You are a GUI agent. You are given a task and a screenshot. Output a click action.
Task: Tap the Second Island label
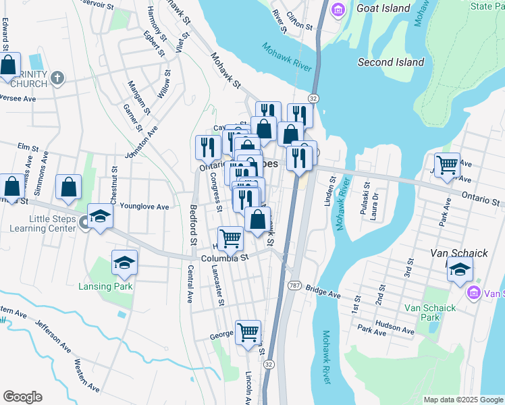391,62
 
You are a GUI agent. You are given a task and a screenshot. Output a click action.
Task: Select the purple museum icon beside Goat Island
338,10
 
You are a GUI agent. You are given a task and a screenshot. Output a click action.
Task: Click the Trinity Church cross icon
57,78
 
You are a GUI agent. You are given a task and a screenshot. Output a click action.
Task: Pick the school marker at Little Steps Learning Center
100,217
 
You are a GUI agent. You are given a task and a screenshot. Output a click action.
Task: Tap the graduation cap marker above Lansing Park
124,262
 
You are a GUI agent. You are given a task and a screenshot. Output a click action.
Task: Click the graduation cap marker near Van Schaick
460,269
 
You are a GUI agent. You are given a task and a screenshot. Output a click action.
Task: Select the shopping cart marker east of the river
447,164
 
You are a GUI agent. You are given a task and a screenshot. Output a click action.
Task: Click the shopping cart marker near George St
248,331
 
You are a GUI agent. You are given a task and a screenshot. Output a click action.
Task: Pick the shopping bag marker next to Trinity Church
9,65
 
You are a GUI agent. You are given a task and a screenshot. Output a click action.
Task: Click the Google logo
22,397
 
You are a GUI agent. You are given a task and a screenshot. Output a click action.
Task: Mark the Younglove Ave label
144,207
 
